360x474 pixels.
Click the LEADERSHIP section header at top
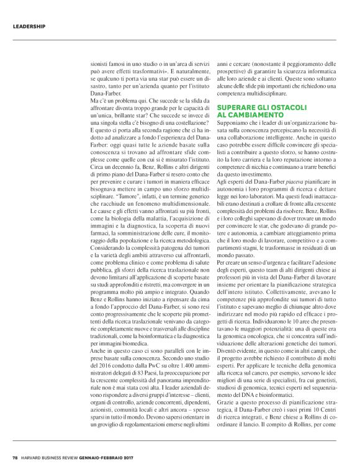[29, 27]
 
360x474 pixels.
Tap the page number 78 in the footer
[14, 458]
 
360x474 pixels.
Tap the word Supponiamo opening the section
[235, 124]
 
